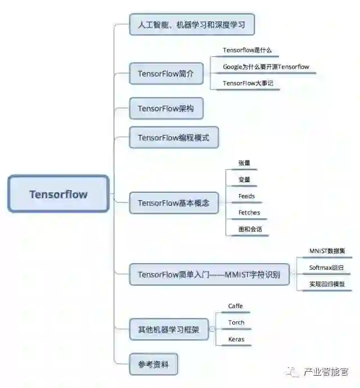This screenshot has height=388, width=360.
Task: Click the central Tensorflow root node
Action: (58, 194)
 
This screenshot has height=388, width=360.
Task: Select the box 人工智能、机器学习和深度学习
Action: (183, 25)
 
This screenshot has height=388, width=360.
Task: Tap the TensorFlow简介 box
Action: (166, 74)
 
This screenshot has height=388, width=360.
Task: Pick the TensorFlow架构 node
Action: (165, 109)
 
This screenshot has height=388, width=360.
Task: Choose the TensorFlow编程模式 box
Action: (173, 138)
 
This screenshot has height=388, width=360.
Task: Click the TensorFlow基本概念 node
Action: (173, 203)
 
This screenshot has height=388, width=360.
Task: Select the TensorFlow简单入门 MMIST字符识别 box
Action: (209, 275)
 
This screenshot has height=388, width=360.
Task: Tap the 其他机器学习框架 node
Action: (169, 330)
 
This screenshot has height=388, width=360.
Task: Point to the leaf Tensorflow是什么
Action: (247, 51)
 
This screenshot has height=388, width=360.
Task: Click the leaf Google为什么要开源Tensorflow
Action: (265, 67)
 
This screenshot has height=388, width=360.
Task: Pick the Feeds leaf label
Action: (246, 196)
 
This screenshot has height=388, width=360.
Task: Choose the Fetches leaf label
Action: (249, 213)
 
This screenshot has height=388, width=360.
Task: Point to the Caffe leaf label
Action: (236, 306)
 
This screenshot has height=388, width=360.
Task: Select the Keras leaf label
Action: (236, 340)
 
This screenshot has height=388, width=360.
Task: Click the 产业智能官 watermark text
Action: (326, 372)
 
